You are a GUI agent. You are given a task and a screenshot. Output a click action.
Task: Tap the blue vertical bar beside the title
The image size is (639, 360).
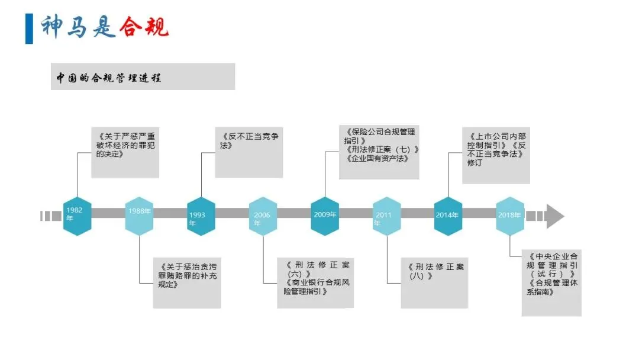point(29,28)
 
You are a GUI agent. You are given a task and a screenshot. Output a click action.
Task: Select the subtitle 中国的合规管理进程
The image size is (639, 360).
point(109,78)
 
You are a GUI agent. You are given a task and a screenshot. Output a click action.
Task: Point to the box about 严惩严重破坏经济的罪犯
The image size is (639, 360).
point(125,152)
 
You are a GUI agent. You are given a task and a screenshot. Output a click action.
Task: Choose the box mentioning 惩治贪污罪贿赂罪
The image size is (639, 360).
point(187,282)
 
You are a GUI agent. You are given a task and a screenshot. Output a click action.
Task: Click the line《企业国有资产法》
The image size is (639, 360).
point(375,158)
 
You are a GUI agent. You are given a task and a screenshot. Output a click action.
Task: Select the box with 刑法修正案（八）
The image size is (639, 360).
point(434,282)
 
